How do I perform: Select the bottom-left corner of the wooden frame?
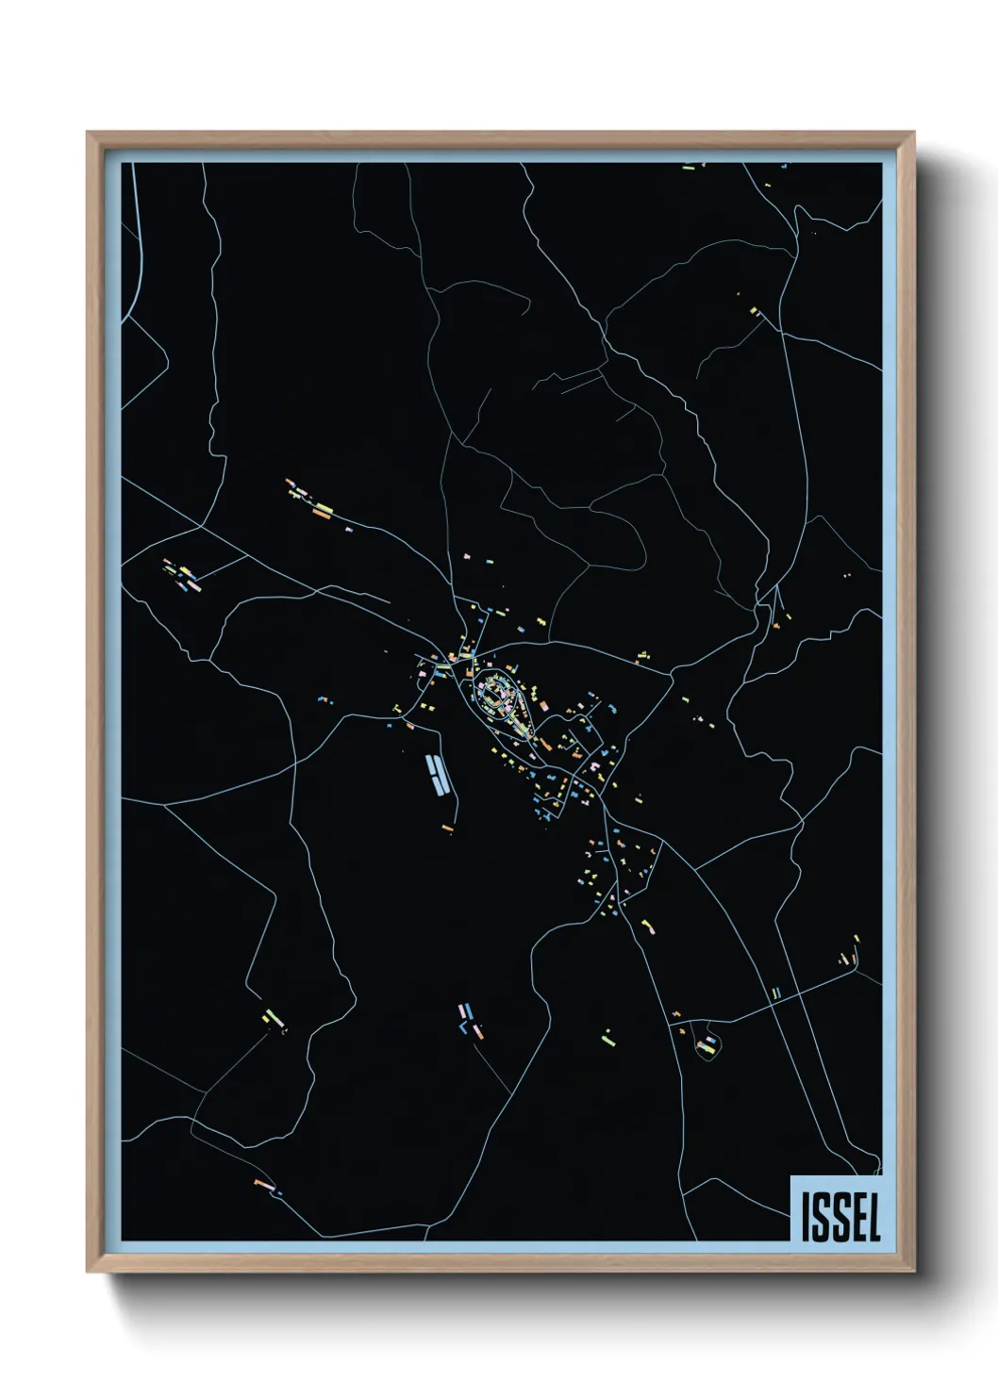[88, 1272]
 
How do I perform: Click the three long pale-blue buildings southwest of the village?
[436, 773]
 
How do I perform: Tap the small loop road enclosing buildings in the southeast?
[707, 1044]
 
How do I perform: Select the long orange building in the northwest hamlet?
[324, 511]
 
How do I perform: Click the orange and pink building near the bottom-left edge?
[263, 1182]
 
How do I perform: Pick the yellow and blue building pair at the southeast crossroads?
[775, 993]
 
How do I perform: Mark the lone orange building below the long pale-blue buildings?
[447, 829]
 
